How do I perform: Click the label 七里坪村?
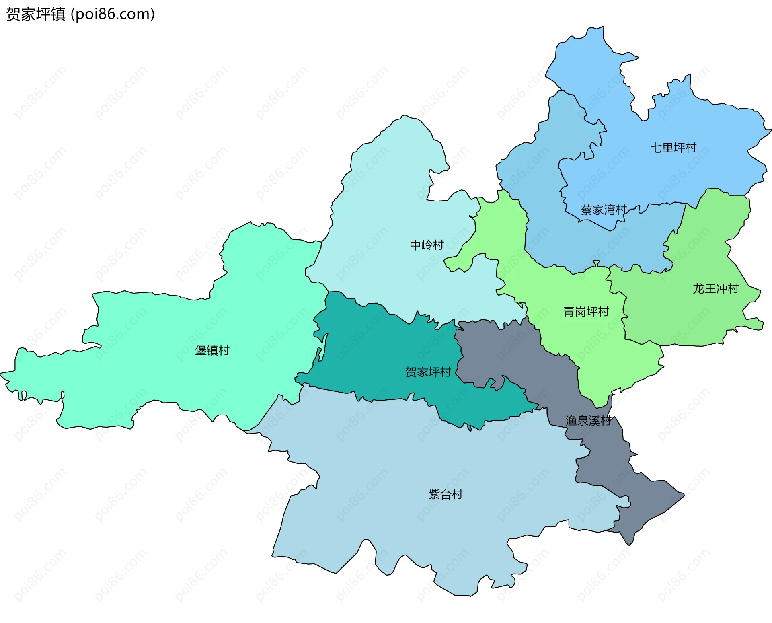673,148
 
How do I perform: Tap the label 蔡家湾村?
604,210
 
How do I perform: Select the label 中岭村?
427,245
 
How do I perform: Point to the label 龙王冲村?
716,289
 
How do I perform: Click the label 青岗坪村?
586,312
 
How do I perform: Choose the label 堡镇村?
212,350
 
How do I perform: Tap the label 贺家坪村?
428,372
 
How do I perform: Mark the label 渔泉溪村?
588,421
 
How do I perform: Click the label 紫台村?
446,494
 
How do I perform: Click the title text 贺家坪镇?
36,14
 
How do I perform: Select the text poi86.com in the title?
113,14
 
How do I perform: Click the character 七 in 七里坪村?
657,148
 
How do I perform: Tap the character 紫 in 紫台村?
435,494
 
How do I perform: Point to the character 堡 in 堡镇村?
201,350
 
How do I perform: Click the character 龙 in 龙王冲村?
698,289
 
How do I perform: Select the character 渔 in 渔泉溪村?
571,421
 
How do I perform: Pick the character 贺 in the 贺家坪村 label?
411,372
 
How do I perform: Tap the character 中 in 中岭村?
415,245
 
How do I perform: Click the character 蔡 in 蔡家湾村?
587,210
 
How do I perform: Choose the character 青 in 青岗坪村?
569,312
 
